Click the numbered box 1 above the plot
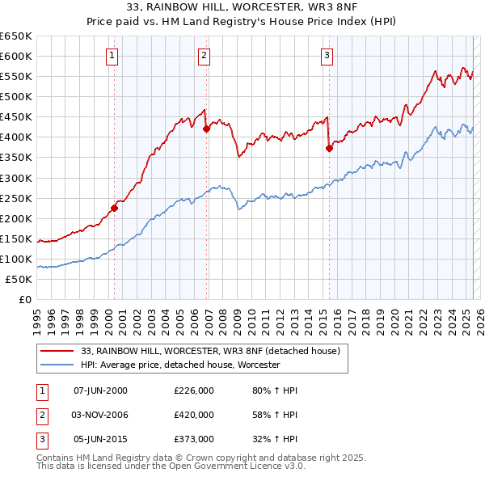111,56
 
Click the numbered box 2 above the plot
204,56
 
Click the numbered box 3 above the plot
327,56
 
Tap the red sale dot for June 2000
114,208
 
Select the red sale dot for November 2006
206,129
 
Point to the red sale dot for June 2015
329,148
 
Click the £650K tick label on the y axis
16,36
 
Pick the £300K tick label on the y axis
16,178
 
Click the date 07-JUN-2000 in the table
100,390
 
